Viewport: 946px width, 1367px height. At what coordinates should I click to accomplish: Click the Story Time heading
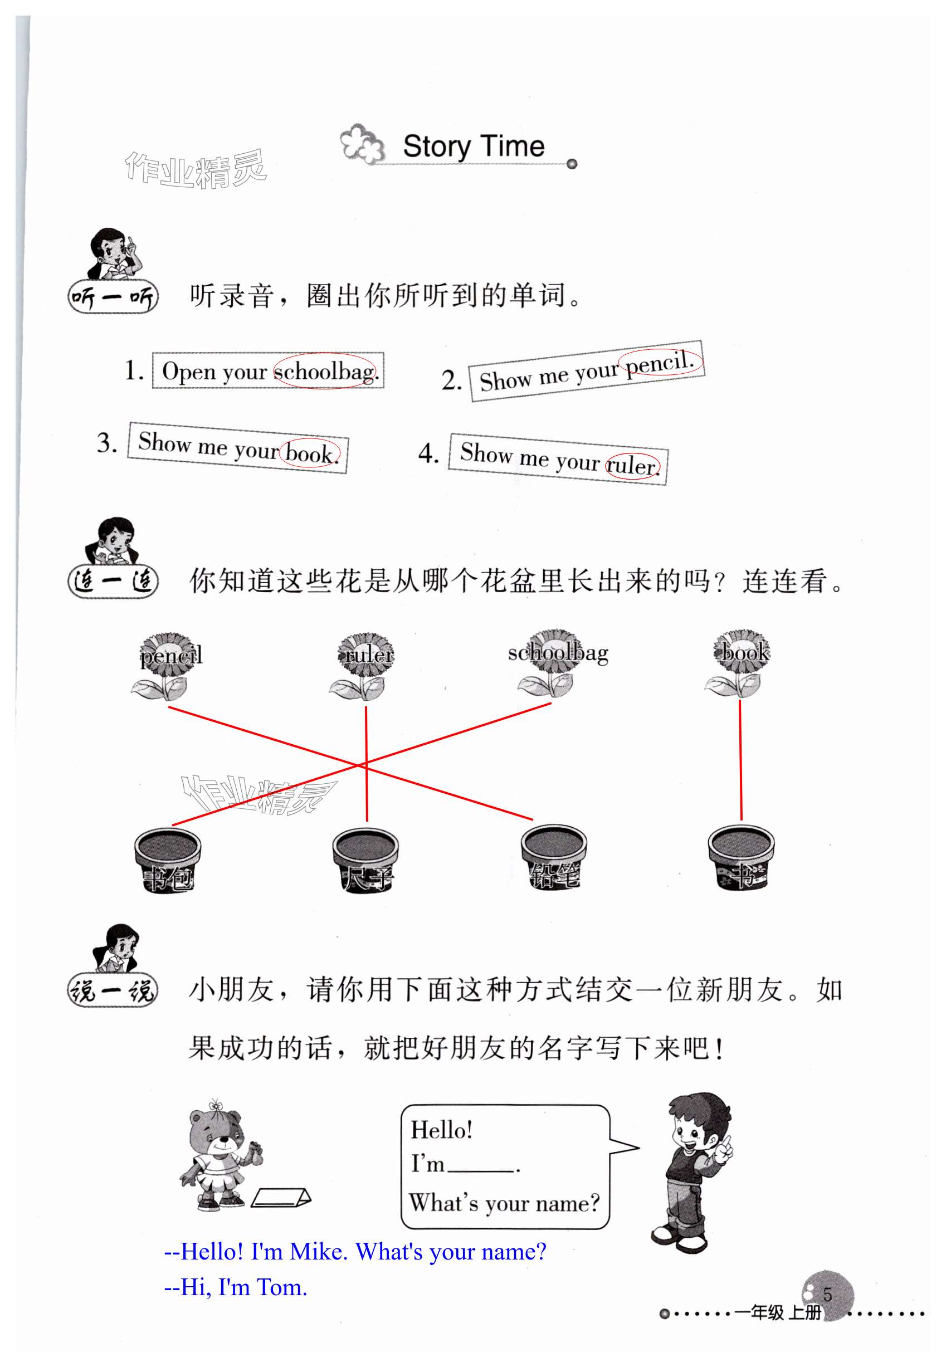coord(473,147)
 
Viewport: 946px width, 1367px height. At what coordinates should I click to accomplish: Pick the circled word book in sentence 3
coord(309,453)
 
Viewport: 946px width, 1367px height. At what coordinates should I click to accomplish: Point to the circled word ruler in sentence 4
coord(632,465)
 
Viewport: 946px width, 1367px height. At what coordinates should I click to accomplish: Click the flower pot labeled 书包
coord(168,859)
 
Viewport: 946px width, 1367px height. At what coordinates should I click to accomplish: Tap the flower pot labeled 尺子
coord(365,859)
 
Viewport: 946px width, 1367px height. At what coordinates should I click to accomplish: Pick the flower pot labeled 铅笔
coord(554,857)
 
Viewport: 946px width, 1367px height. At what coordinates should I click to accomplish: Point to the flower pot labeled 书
coord(741,857)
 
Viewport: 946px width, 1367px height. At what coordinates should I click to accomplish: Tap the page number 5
coord(827,1294)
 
